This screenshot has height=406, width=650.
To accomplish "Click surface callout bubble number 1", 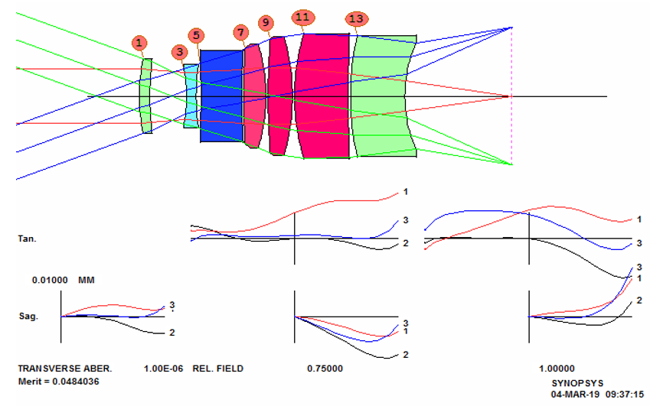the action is click(x=139, y=43).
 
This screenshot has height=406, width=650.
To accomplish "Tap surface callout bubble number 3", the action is click(x=179, y=52).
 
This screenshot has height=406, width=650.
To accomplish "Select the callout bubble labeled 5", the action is click(x=197, y=36).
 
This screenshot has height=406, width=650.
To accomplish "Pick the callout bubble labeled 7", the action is click(x=241, y=32).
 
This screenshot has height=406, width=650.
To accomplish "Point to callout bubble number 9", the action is click(x=266, y=22).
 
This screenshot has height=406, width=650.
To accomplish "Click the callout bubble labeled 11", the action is click(x=303, y=18).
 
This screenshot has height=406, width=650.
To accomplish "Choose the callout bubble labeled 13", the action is click(x=356, y=18).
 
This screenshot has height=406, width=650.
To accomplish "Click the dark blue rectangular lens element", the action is click(x=221, y=96).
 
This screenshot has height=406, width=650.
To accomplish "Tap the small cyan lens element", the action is click(x=191, y=96).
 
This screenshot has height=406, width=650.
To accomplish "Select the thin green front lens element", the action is click(x=146, y=96).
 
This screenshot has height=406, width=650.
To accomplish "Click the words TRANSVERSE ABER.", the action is click(x=65, y=369).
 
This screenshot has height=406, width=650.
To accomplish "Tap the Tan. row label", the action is click(x=28, y=239).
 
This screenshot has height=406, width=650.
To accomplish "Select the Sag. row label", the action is click(x=28, y=317).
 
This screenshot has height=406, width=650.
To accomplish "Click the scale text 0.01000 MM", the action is click(x=63, y=280).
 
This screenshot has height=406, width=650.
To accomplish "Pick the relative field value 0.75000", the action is click(x=325, y=369).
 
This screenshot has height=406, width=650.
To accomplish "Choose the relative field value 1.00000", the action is click(x=557, y=369).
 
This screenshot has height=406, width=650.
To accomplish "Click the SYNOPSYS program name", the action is click(x=577, y=383).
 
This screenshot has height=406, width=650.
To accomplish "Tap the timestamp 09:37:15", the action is click(x=625, y=395).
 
